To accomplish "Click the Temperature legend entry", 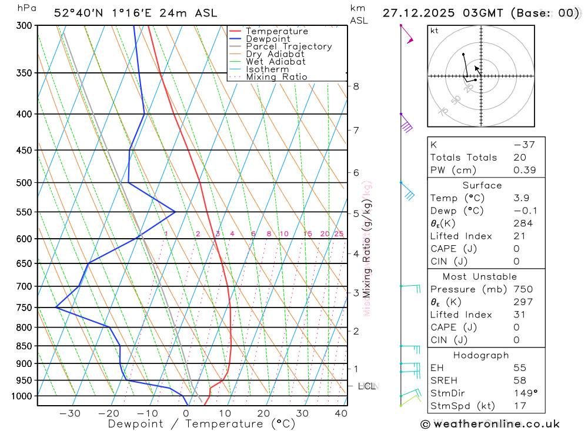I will click(276, 31).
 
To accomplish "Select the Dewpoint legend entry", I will click(268, 39).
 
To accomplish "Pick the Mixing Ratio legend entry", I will click(276, 77).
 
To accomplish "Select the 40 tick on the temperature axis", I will click(340, 413).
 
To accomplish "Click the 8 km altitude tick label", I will click(356, 86).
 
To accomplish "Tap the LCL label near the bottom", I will click(366, 386).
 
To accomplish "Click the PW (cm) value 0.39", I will click(523, 170).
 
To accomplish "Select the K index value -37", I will click(523, 145).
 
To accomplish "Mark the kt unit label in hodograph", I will click(434, 31).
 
